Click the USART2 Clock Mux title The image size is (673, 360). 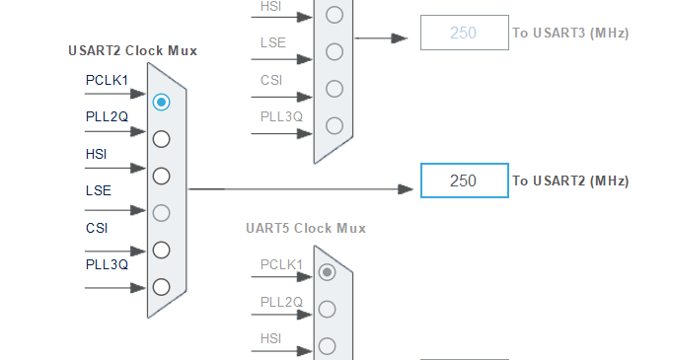click(x=132, y=50)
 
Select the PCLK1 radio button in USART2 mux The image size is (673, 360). click(x=161, y=102)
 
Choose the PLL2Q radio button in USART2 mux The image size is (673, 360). click(x=161, y=138)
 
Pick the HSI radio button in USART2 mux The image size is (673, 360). click(x=161, y=176)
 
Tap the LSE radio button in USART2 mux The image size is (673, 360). click(x=161, y=212)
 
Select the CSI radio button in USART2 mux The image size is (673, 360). click(x=161, y=250)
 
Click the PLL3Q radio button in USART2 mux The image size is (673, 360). click(x=161, y=286)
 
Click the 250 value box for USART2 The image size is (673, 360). click(x=464, y=180)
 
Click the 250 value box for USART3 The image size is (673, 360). click(x=464, y=33)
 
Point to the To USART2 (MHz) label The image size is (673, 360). click(x=569, y=180)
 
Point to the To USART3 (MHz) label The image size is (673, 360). click(x=569, y=33)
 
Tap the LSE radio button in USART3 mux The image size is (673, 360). click(x=334, y=51)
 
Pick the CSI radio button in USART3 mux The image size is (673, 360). click(x=334, y=88)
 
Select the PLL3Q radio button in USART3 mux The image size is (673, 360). click(x=334, y=125)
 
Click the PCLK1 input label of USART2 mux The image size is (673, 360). click(x=107, y=80)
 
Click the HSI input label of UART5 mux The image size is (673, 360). click(x=271, y=338)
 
